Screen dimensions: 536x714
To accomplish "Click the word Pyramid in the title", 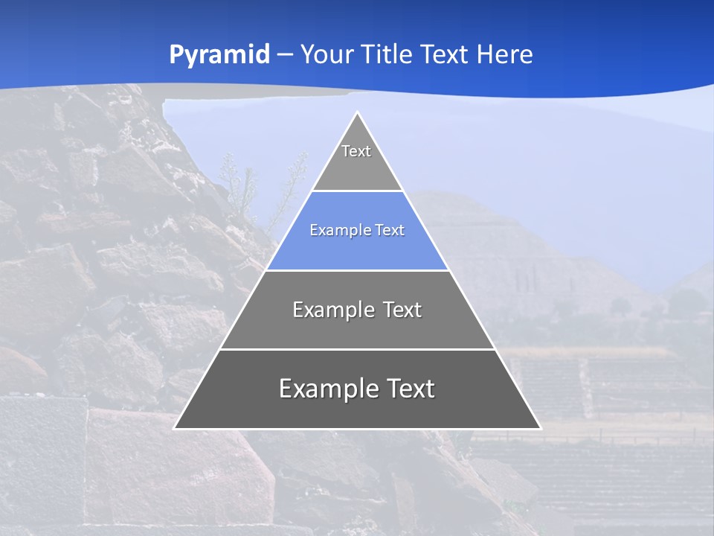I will click(x=219, y=55).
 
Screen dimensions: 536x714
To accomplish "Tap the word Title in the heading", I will click(x=387, y=54).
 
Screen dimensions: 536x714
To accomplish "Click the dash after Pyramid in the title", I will click(x=284, y=55).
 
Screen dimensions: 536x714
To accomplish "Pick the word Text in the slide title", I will click(x=444, y=54).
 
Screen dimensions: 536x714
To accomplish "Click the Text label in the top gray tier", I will click(x=356, y=151).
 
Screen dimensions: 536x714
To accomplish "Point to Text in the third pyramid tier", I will click(x=399, y=310).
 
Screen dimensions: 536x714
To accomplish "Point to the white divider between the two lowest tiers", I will click(x=357, y=349).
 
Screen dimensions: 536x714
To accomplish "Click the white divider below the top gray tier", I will click(x=357, y=191).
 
